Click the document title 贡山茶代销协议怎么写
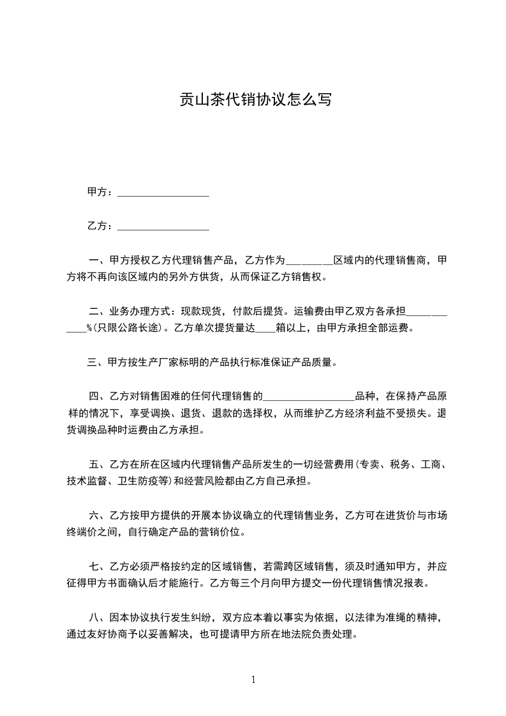point(253,100)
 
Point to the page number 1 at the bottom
point(253,679)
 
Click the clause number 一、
point(98,260)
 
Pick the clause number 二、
point(98,312)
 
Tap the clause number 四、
point(98,397)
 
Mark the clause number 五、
point(98,464)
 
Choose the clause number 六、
point(98,515)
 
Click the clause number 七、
point(98,566)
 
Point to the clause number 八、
point(98,617)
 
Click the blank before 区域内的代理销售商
point(309,262)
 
